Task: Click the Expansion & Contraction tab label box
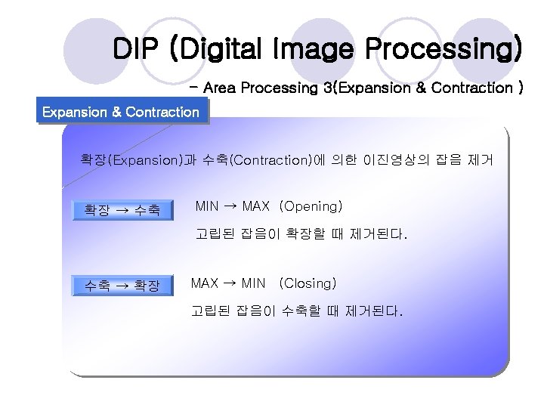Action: (x=121, y=113)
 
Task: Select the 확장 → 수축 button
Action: (x=121, y=209)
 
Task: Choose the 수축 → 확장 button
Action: (x=121, y=286)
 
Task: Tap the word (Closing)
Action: (x=307, y=283)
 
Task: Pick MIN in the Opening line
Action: (x=207, y=206)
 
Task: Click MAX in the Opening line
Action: (x=255, y=206)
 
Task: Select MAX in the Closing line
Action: (x=204, y=283)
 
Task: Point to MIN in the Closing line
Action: (x=252, y=283)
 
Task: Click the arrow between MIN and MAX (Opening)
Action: (x=230, y=206)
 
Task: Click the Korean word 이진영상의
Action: (x=397, y=159)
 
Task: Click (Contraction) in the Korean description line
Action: (x=269, y=159)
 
